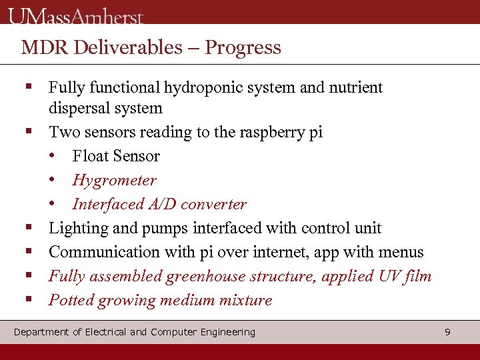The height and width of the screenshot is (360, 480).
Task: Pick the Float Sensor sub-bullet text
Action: tap(116, 156)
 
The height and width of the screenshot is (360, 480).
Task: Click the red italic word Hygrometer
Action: tap(114, 180)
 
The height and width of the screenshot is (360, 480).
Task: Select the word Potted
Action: tap(71, 300)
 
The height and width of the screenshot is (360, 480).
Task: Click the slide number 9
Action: tap(447, 332)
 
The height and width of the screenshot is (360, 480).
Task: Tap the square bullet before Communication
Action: tap(28, 251)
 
